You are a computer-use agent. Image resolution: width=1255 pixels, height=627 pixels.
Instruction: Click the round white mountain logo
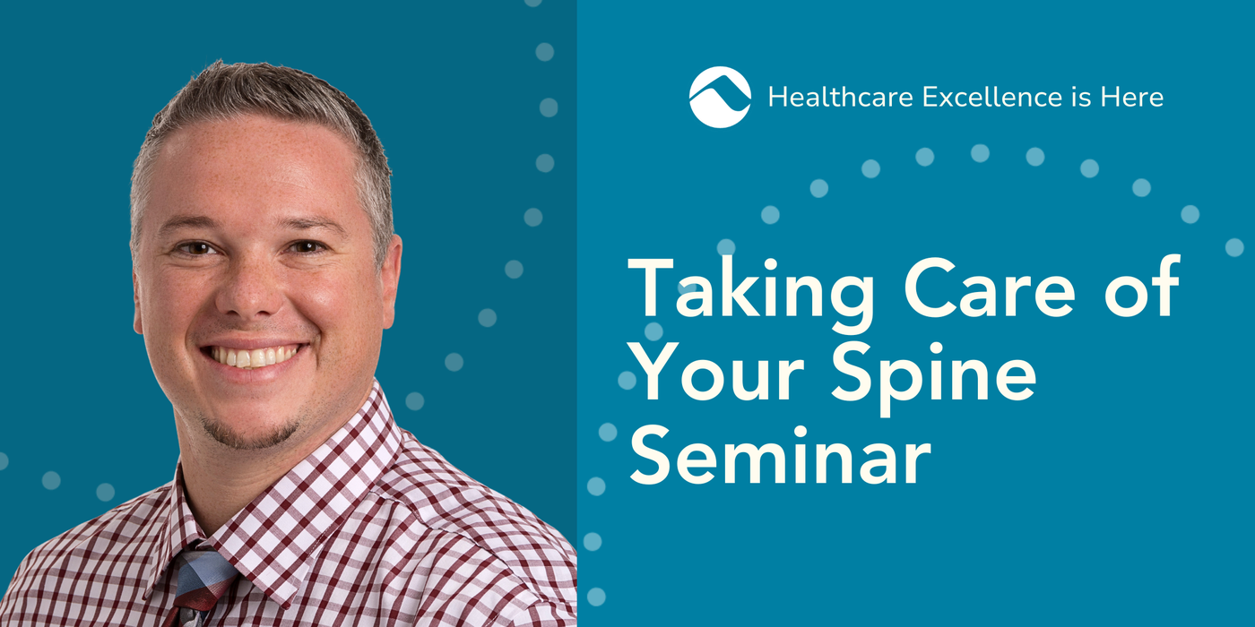point(720,97)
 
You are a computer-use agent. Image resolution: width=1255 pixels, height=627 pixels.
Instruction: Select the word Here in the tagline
point(1131,97)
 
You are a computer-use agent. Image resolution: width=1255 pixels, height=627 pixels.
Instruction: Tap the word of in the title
point(1142,287)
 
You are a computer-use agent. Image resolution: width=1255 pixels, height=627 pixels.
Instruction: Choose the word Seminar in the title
point(780,455)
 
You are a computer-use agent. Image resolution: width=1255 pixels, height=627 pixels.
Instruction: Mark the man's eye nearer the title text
point(306,247)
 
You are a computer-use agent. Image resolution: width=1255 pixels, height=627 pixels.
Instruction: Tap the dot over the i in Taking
point(771,263)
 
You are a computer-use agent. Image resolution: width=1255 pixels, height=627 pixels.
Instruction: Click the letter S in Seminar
point(650,455)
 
